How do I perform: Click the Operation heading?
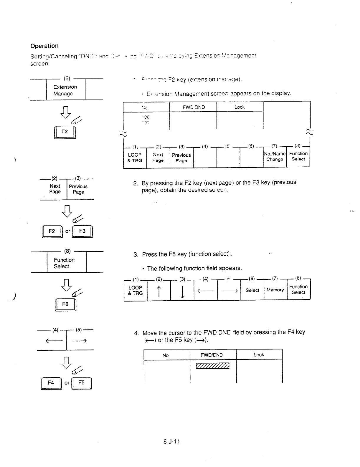pyautogui.click(x=44, y=46)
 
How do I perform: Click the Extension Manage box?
pyautogui.click(x=65, y=90)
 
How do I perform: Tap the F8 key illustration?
pyautogui.click(x=65, y=304)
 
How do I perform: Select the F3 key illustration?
pyautogui.click(x=82, y=231)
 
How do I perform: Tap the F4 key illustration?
pyautogui.click(x=51, y=383)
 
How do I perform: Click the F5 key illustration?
pyautogui.click(x=81, y=383)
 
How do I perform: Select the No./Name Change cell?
pyautogui.click(x=275, y=157)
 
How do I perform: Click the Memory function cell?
pyautogui.click(x=275, y=290)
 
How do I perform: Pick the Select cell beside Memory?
pyautogui.click(x=252, y=290)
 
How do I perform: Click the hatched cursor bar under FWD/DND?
pyautogui.click(x=212, y=366)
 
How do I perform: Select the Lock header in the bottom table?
pyautogui.click(x=259, y=355)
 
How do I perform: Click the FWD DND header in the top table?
pyautogui.click(x=194, y=107)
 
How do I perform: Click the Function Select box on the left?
pyautogui.click(x=65, y=263)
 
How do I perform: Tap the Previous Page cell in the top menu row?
pyautogui.click(x=181, y=158)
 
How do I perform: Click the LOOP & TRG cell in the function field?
pyautogui.click(x=136, y=290)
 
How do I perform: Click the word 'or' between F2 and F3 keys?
pyautogui.click(x=68, y=231)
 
